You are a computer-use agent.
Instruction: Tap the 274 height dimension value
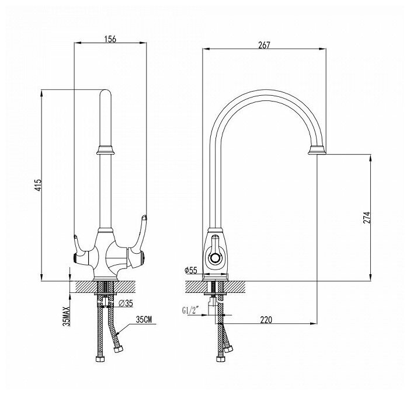380,216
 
